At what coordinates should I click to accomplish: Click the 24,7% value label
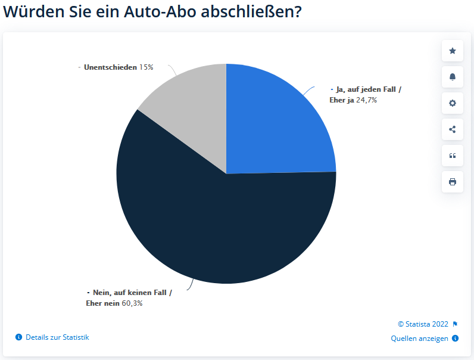pyautogui.click(x=366, y=100)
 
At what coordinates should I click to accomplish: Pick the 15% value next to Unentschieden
pyautogui.click(x=146, y=67)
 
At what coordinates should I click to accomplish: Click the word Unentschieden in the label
pyautogui.click(x=110, y=67)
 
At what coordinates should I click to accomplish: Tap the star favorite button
pyautogui.click(x=453, y=51)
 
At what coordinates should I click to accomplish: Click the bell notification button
pyautogui.click(x=453, y=77)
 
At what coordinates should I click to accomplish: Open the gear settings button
pyautogui.click(x=453, y=103)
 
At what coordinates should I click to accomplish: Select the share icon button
pyautogui.click(x=453, y=129)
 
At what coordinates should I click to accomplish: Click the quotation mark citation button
pyautogui.click(x=453, y=156)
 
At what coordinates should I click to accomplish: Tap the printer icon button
pyautogui.click(x=453, y=182)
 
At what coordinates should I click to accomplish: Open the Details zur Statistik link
pyautogui.click(x=57, y=337)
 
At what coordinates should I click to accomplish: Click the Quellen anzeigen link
pyautogui.click(x=419, y=339)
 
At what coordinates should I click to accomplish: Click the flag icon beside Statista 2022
pyautogui.click(x=455, y=324)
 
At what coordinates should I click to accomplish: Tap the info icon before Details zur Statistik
pyautogui.click(x=18, y=337)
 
